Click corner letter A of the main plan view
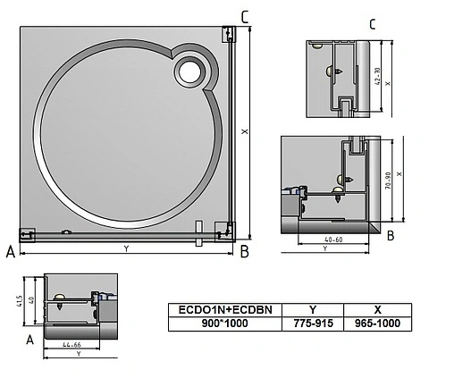pos(10,253)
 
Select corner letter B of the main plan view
pos(244,253)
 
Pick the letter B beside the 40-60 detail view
pos(391,236)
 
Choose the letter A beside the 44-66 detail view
pos(30,340)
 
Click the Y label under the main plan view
pos(126,248)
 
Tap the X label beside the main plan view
pos(244,130)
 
